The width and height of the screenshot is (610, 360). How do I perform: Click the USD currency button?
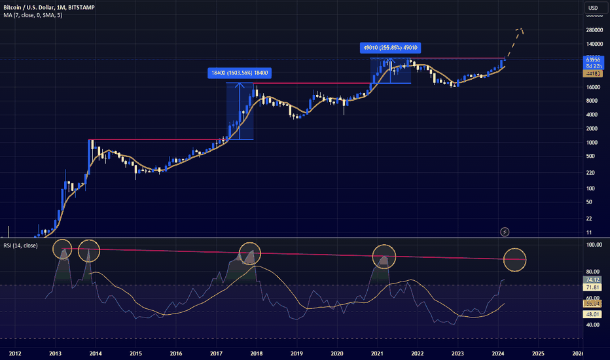pyautogui.click(x=593, y=8)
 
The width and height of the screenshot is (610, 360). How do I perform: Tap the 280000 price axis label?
pyautogui.click(x=595, y=30)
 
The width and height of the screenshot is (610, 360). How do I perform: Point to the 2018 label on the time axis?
pyautogui.click(x=257, y=353)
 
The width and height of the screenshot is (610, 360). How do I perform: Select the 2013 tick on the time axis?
pyautogui.click(x=56, y=353)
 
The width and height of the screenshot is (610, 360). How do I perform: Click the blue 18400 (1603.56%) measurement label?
pyautogui.click(x=240, y=73)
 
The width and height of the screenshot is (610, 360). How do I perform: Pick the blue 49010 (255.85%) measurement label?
pyautogui.click(x=391, y=47)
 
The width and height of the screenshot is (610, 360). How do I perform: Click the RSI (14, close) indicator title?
pyautogui.click(x=20, y=245)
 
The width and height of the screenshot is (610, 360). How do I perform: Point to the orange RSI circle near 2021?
pyautogui.click(x=384, y=257)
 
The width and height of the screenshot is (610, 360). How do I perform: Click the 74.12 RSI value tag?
pyautogui.click(x=592, y=279)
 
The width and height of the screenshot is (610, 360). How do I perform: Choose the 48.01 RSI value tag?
pyautogui.click(x=592, y=314)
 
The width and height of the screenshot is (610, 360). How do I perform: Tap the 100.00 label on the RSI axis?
pyautogui.click(x=594, y=245)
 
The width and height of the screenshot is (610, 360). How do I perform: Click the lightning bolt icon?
pyautogui.click(x=505, y=232)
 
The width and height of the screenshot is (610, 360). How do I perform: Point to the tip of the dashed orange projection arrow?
pyautogui.click(x=519, y=29)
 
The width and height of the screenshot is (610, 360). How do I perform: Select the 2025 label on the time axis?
pyautogui.click(x=537, y=353)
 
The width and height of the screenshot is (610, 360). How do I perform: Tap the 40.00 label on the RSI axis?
pyautogui.click(x=592, y=325)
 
